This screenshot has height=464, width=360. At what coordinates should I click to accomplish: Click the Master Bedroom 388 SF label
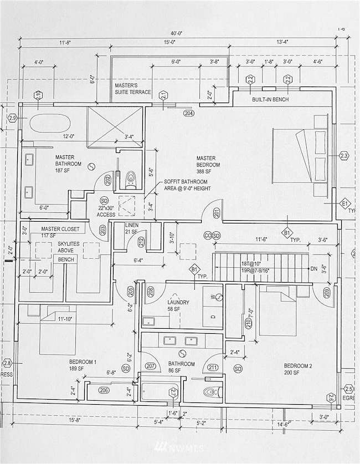coord(208,165)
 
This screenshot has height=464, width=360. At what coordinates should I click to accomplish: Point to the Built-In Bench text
coord(270,100)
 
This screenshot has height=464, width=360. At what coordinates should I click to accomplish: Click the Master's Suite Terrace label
coord(133,89)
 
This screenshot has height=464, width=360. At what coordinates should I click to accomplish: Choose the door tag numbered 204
coord(189,113)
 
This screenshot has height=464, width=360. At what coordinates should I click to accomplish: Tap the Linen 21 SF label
coord(131,227)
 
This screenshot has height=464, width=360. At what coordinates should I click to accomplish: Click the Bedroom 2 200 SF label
coord(299,369)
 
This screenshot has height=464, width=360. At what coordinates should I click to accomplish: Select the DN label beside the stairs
coord(314,269)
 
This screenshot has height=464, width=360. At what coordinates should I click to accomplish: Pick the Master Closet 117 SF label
coord(60,232)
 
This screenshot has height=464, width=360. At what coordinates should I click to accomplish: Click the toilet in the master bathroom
coord(131,178)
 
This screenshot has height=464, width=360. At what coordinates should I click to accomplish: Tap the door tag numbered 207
coord(150,366)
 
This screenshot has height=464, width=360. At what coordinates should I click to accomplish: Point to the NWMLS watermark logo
coord(179,447)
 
